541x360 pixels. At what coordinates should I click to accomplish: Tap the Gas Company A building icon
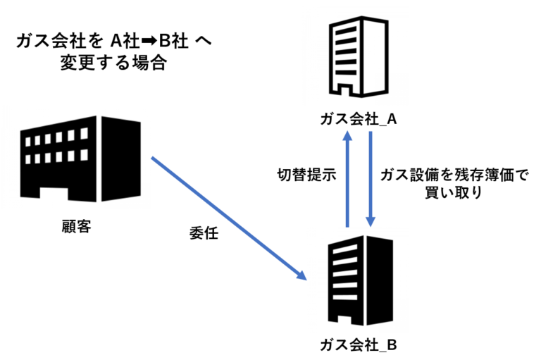[359, 59]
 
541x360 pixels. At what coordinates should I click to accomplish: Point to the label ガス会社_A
[359, 119]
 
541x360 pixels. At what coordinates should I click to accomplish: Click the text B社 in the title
[171, 41]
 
